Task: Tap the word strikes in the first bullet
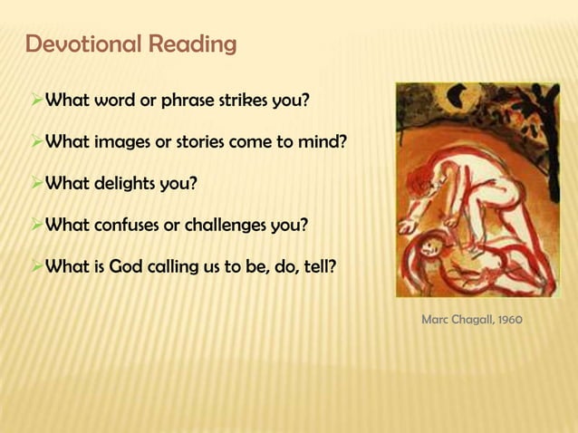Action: [245, 100]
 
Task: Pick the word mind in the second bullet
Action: [322, 142]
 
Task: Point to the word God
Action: [129, 268]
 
